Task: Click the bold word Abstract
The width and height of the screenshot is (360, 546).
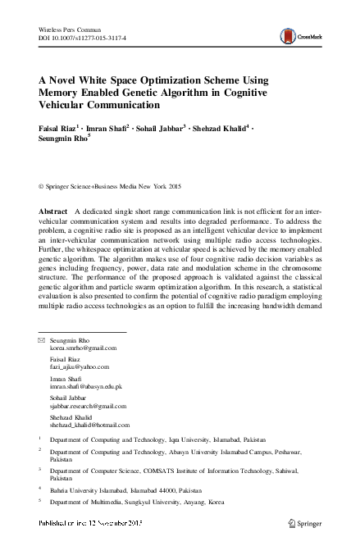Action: (54, 212)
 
